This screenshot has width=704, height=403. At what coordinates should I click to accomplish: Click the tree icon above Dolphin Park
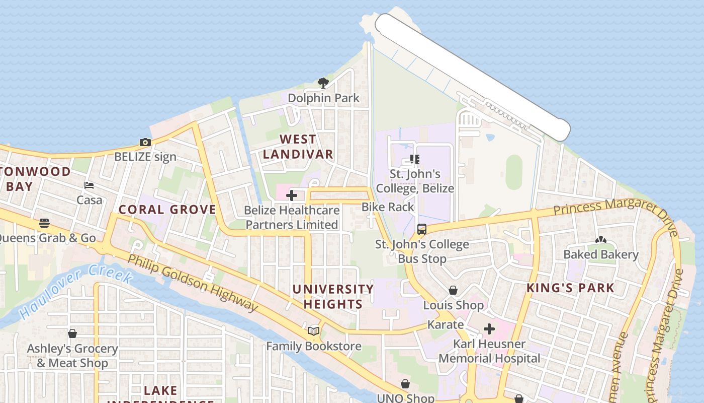tap(323, 83)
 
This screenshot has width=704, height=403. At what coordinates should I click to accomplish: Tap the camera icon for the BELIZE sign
tap(145, 143)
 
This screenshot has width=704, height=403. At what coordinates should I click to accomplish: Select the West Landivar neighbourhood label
tap(298, 147)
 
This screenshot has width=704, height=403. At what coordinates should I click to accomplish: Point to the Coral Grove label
tap(167, 210)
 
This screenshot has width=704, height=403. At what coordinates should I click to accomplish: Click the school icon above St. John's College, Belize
tap(415, 160)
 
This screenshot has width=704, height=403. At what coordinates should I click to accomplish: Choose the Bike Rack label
tap(388, 207)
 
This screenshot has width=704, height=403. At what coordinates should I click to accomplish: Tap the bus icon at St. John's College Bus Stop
tap(422, 229)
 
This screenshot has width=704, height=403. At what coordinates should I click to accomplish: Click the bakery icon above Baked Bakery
tap(600, 240)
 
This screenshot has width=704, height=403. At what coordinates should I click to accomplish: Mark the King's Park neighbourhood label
tap(570, 288)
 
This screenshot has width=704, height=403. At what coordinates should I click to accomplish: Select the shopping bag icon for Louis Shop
tap(453, 290)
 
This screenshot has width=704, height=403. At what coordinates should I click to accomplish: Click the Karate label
tap(445, 324)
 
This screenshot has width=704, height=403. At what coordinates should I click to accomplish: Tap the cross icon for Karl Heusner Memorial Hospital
tap(489, 329)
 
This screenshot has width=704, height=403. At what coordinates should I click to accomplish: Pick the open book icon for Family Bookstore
tap(314, 331)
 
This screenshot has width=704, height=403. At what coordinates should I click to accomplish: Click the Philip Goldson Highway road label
tap(193, 283)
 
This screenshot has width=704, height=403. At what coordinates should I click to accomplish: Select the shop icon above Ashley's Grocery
tap(72, 333)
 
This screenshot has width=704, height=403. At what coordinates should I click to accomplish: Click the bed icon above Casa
tap(89, 185)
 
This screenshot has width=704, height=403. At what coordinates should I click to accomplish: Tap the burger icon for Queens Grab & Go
tap(44, 223)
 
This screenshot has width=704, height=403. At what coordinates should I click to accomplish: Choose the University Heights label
tap(333, 297)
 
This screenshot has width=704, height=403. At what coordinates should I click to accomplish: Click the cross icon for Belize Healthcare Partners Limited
tap(292, 195)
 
